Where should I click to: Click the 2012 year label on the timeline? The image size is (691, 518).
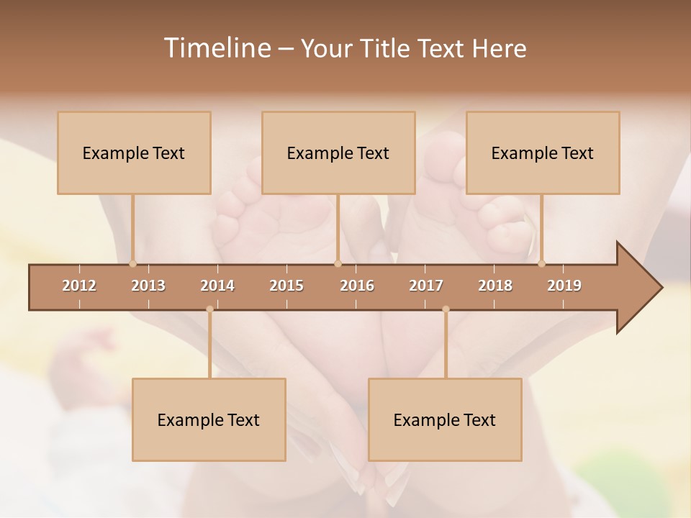point(79,286)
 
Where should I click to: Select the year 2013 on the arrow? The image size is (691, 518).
point(148,286)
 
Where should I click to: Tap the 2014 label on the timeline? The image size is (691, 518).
point(217,286)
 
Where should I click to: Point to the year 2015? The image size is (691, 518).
point(286,286)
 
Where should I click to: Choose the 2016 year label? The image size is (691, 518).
point(357,286)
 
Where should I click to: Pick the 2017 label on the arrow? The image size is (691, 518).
point(426,286)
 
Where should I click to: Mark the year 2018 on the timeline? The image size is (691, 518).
point(495,286)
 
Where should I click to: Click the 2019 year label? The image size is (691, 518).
point(564,286)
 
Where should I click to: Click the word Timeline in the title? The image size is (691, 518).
point(217,48)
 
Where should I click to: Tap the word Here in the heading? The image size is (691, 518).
point(499,48)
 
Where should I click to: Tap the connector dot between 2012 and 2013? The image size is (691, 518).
point(132,263)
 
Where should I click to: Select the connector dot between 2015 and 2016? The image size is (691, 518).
point(338,263)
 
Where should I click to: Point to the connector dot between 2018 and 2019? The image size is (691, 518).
point(541,263)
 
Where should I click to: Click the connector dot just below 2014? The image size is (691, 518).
point(209,309)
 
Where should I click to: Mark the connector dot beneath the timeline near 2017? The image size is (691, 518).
point(446,309)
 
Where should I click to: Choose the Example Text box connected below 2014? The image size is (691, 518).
point(209,419)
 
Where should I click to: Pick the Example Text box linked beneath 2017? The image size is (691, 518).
point(445,419)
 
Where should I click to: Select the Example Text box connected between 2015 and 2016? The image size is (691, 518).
point(338,153)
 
